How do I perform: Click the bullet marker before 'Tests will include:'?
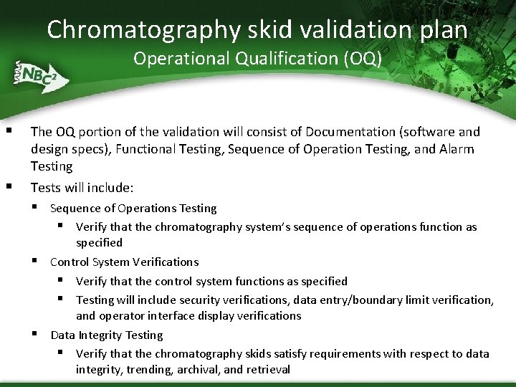pos(9,186)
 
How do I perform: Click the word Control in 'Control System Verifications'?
pos(69,262)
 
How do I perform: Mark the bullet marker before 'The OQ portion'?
pos(9,130)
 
